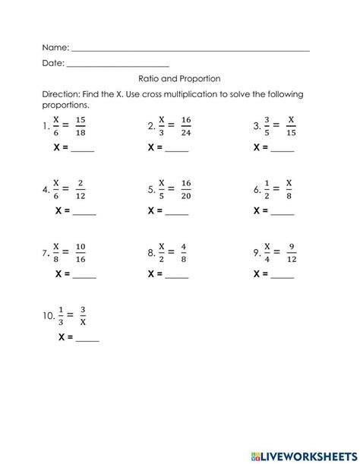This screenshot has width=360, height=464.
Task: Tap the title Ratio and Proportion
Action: [180, 78]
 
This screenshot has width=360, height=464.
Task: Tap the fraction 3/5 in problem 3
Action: [266, 126]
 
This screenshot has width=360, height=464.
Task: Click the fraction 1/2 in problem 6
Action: [266, 189]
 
